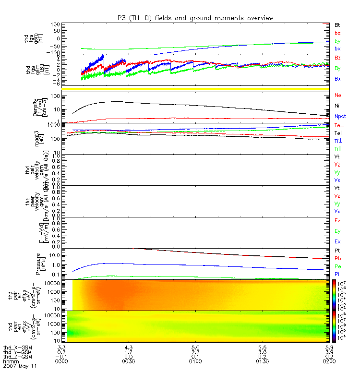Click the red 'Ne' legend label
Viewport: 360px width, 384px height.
(338, 96)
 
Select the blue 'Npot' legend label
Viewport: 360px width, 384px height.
(340, 116)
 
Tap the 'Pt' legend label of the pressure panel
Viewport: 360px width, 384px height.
(337, 251)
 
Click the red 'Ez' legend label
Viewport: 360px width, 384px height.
(338, 220)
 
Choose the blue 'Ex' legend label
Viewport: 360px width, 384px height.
(338, 241)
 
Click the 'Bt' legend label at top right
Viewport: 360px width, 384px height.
(337, 24)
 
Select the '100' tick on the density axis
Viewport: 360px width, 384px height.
(60, 96)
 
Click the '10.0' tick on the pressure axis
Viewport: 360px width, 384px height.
(60, 255)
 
